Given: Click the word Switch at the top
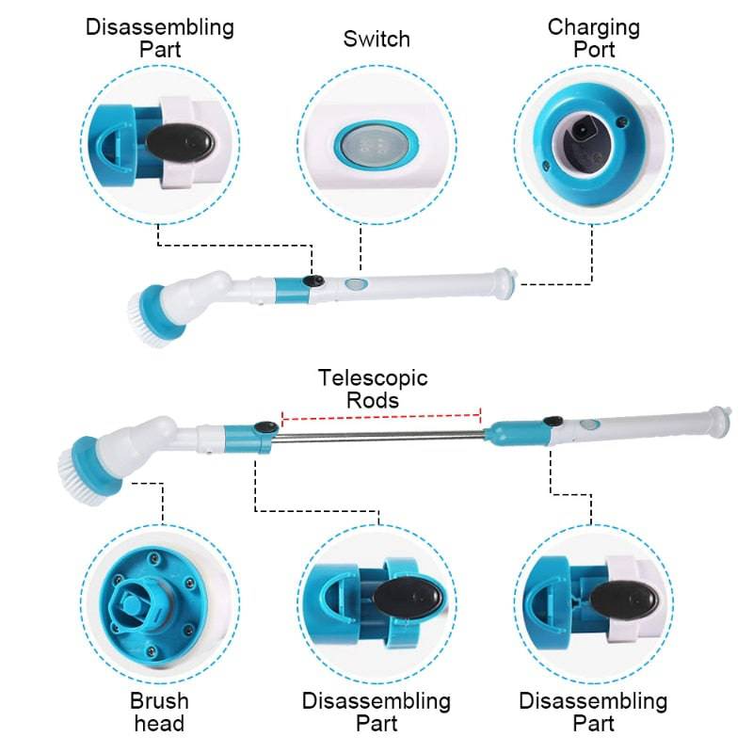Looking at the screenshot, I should tap(376, 40).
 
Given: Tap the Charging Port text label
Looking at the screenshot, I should tap(593, 37).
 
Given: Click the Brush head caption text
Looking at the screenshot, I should tap(159, 712).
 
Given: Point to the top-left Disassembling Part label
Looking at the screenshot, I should tap(160, 37).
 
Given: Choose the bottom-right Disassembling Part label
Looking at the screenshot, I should tap(593, 712).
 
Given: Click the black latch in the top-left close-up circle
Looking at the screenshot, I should tap(180, 141).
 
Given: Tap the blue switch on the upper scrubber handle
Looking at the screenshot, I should tap(354, 283).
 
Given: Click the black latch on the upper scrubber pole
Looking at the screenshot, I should tap(315, 281).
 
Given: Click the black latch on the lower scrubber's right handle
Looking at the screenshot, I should tap(553, 425).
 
